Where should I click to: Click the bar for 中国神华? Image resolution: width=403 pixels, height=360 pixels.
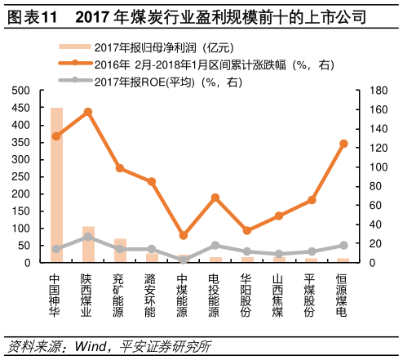click(x=56, y=185)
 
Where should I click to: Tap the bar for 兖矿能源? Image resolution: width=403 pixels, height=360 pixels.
click(x=120, y=251)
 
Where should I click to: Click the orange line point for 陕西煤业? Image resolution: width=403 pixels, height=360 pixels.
click(x=88, y=112)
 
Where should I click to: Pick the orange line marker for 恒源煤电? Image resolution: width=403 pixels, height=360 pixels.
click(x=343, y=144)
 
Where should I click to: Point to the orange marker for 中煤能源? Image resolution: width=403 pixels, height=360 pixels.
click(x=184, y=235)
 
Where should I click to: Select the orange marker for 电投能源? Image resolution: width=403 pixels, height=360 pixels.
click(x=215, y=198)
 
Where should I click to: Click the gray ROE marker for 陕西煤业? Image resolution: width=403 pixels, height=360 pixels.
click(x=88, y=237)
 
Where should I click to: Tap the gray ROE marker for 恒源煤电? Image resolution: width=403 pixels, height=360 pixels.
click(x=343, y=245)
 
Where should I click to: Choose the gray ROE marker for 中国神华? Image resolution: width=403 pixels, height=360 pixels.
click(x=56, y=249)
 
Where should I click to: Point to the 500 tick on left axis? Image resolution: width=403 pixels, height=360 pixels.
click(x=21, y=91)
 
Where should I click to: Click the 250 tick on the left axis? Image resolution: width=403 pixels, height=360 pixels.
click(x=21, y=177)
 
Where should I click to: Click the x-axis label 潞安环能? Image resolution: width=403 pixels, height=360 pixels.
click(x=152, y=295)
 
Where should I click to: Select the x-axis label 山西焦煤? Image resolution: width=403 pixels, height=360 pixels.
click(x=280, y=295)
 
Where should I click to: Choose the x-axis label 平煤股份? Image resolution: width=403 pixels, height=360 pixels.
click(x=312, y=295)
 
